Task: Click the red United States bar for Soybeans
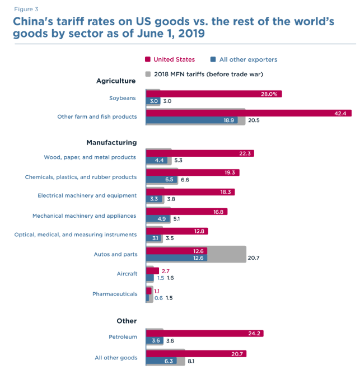(x=213, y=94)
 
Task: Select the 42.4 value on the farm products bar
(x=340, y=113)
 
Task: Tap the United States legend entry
(x=174, y=59)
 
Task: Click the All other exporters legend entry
(x=247, y=59)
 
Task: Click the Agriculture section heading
(x=116, y=81)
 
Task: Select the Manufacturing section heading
(x=111, y=143)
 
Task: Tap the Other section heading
(x=127, y=321)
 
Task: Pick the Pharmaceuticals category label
(x=115, y=293)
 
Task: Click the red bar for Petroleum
(x=204, y=333)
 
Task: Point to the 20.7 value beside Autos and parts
(x=254, y=258)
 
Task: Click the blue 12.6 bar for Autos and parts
(x=176, y=258)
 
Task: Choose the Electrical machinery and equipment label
(x=87, y=195)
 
